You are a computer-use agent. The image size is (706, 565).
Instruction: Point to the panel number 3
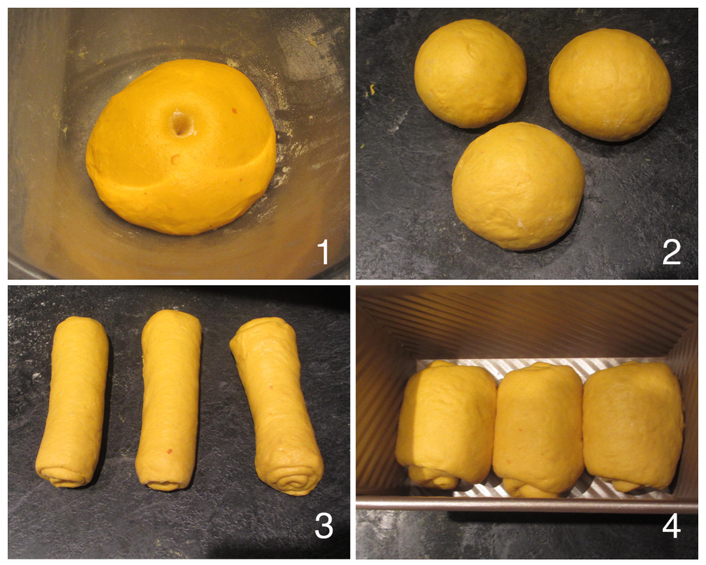324,525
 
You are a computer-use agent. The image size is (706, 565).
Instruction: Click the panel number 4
671,525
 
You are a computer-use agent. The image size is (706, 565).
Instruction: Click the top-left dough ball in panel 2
471,73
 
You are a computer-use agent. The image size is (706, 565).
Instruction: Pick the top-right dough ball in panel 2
610,85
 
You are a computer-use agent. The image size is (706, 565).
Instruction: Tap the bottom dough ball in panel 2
518,186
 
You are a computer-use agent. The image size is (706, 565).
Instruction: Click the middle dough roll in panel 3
169,400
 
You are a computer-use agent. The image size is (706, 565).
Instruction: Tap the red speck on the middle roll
170,450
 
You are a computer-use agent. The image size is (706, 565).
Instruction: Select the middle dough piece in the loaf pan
539,430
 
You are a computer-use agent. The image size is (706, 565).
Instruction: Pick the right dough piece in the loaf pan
633,426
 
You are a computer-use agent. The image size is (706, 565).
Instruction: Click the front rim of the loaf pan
527,504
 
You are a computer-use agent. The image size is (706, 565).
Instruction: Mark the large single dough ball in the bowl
181,147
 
